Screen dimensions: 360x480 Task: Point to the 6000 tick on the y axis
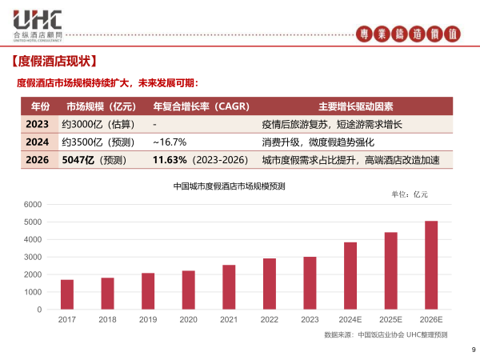tap(33, 204)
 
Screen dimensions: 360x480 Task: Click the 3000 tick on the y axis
tap(33, 258)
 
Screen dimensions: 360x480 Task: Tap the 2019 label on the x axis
tap(148, 319)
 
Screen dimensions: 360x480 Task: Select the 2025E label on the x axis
tap(390, 319)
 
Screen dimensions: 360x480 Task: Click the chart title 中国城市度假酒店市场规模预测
tap(230, 186)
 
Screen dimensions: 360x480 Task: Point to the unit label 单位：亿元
tap(409, 194)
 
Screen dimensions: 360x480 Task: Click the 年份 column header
tap(40, 106)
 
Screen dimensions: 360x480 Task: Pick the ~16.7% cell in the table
tap(170, 142)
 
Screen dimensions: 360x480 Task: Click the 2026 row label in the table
tap(38, 160)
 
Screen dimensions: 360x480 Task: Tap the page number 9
tap(473, 348)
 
